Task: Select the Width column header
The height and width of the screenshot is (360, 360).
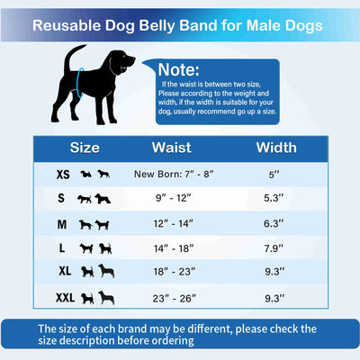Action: [276, 147]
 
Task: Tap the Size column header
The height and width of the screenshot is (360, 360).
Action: [85, 147]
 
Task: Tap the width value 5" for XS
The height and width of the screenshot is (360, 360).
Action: [276, 173]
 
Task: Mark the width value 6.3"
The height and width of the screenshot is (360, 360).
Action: [276, 223]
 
